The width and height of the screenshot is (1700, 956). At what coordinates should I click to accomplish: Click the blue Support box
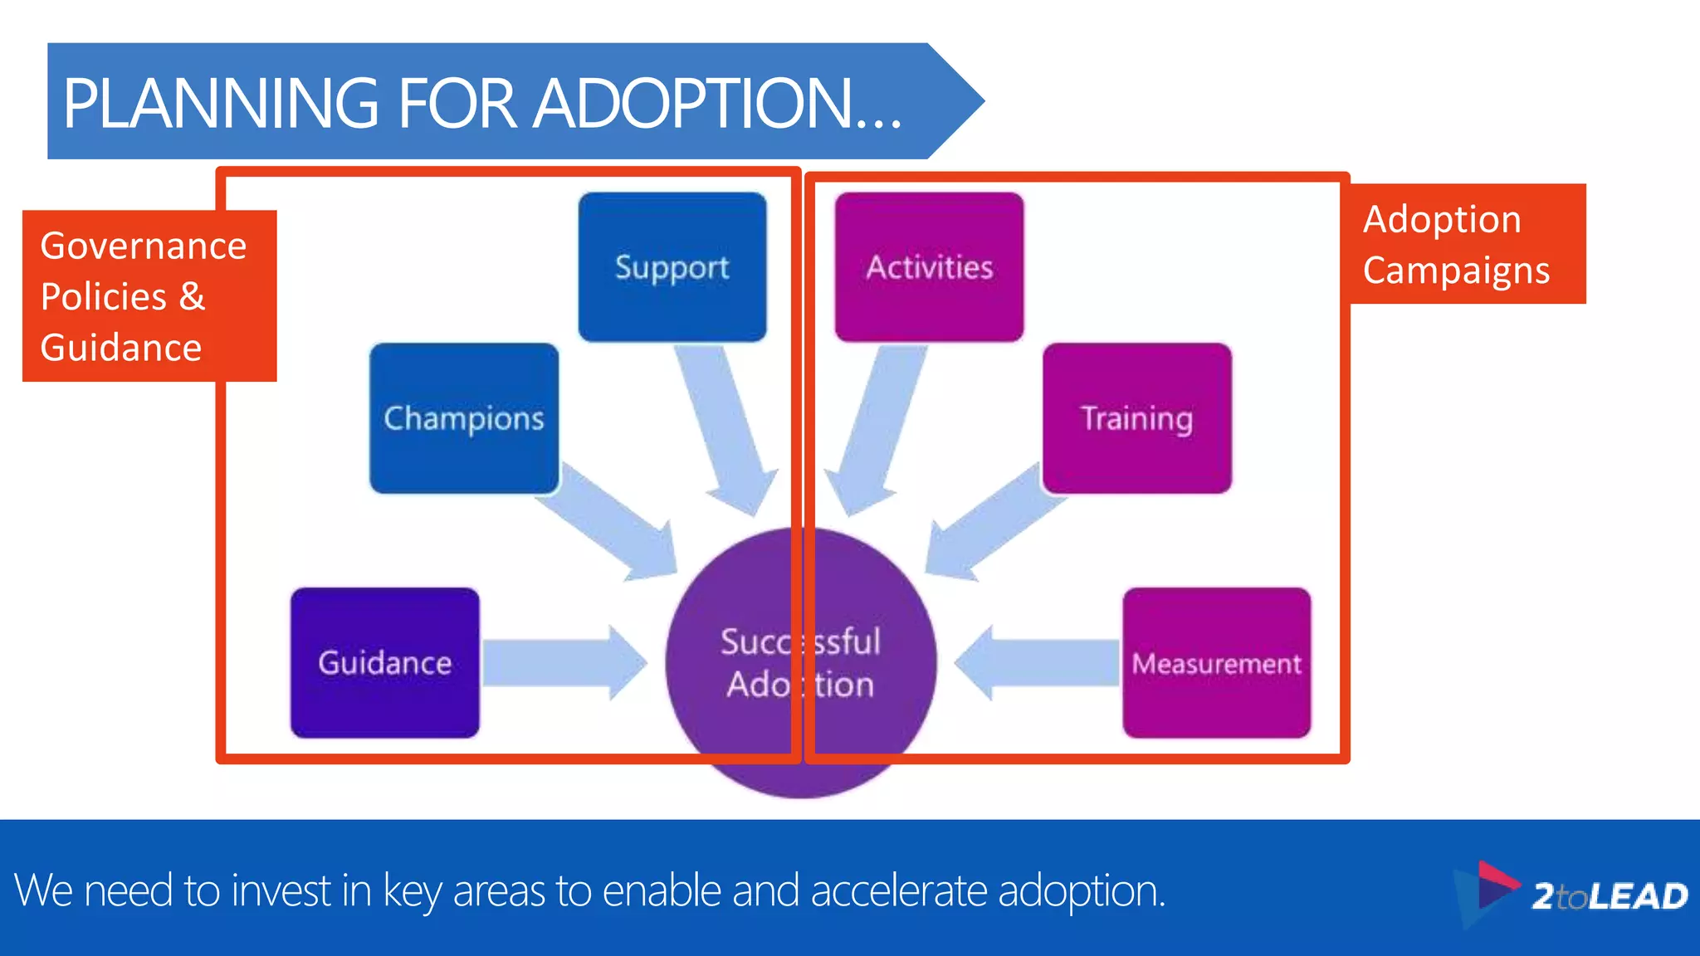coord(672,267)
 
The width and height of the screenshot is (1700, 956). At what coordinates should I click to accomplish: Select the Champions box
coord(464,418)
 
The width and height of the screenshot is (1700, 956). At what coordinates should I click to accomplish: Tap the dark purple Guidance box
coord(385,662)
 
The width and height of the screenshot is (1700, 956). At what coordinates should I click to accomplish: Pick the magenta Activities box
coord(929,267)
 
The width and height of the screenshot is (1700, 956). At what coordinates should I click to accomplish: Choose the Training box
coord(1136,418)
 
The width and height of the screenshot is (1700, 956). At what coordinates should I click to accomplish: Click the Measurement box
coord(1216,662)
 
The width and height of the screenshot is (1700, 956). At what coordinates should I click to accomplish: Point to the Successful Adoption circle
coord(801,664)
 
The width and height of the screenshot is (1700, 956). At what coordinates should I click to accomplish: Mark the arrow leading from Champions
coord(614,523)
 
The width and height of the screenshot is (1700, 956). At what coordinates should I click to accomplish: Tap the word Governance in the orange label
coord(143,246)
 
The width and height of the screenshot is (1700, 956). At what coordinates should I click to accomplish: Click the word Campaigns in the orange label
coord(1456,271)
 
